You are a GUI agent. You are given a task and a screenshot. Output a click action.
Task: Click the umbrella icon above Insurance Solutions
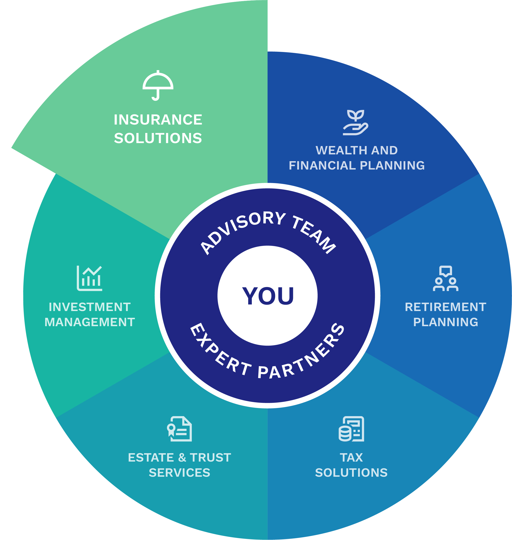pyautogui.click(x=158, y=85)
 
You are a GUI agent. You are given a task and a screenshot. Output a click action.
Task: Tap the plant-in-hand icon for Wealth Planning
pyautogui.click(x=355, y=123)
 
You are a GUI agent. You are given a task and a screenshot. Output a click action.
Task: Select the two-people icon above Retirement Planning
pyautogui.click(x=445, y=278)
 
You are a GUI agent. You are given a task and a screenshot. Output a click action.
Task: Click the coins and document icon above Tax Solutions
pyautogui.click(x=351, y=429)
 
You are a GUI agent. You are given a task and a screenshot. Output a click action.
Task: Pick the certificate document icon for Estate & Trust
pyautogui.click(x=180, y=429)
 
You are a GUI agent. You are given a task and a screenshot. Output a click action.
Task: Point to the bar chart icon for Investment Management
pyautogui.click(x=90, y=278)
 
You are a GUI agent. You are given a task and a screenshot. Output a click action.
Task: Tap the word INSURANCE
pyautogui.click(x=158, y=120)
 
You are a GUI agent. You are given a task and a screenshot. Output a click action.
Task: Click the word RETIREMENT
pyautogui.click(x=445, y=307)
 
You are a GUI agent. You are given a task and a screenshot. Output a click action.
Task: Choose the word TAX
pyautogui.click(x=351, y=458)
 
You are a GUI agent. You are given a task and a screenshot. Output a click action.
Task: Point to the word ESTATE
pyautogui.click(x=151, y=458)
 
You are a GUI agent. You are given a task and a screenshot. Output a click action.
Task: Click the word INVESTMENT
pyautogui.click(x=90, y=307)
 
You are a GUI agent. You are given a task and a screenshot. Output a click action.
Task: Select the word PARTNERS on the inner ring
pyautogui.click(x=303, y=355)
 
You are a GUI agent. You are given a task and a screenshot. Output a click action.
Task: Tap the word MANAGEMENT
pyautogui.click(x=90, y=322)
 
